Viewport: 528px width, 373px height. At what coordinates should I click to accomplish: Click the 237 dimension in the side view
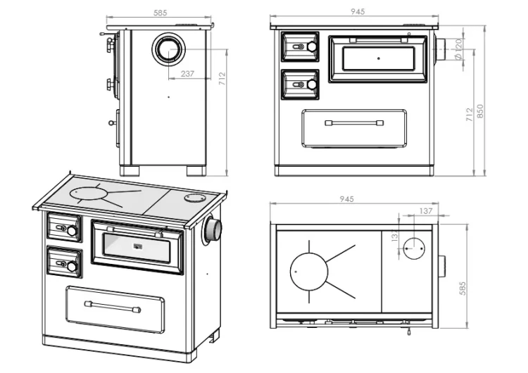[187, 73]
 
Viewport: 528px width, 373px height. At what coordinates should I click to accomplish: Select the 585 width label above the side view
[160, 13]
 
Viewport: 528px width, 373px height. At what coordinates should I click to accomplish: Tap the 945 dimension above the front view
[357, 12]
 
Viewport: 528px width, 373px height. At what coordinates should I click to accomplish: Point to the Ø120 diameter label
[458, 49]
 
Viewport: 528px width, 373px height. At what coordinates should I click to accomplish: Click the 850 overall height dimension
[480, 111]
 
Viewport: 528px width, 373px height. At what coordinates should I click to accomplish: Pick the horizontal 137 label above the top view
[426, 211]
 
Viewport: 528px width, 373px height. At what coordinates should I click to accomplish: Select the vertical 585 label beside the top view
[463, 289]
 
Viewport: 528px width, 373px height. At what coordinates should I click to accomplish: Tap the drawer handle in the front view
[354, 123]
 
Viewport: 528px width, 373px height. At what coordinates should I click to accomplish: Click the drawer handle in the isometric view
[113, 308]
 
